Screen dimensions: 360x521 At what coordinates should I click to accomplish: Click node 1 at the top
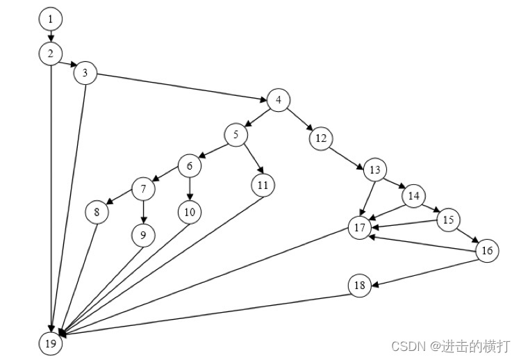tap(50, 18)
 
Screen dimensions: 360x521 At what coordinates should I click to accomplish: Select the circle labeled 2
tap(50, 54)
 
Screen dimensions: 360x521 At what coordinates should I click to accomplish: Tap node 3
tap(85, 74)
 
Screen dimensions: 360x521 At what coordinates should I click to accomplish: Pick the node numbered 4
tap(278, 100)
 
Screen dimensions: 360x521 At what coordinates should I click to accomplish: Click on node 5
tap(236, 135)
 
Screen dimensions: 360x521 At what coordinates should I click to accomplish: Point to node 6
tap(189, 165)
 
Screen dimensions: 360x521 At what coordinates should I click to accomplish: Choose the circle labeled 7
tap(143, 188)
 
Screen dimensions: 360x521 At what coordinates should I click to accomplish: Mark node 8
tap(97, 212)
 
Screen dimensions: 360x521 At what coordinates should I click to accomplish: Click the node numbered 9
tap(142, 236)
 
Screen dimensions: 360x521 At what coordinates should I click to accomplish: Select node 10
tap(189, 212)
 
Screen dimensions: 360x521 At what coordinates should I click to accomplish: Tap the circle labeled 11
tap(263, 185)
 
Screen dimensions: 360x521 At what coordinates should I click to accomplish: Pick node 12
tap(320, 138)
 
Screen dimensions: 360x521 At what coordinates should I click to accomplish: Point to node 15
tap(448, 220)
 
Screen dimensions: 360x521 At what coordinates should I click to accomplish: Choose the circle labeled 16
tap(488, 251)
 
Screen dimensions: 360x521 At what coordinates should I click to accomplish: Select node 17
tap(359, 228)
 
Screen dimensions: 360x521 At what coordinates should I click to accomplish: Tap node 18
tap(359, 286)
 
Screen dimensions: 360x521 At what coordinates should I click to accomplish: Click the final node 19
tap(50, 343)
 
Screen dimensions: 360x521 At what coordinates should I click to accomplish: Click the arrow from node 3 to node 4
tap(181, 87)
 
